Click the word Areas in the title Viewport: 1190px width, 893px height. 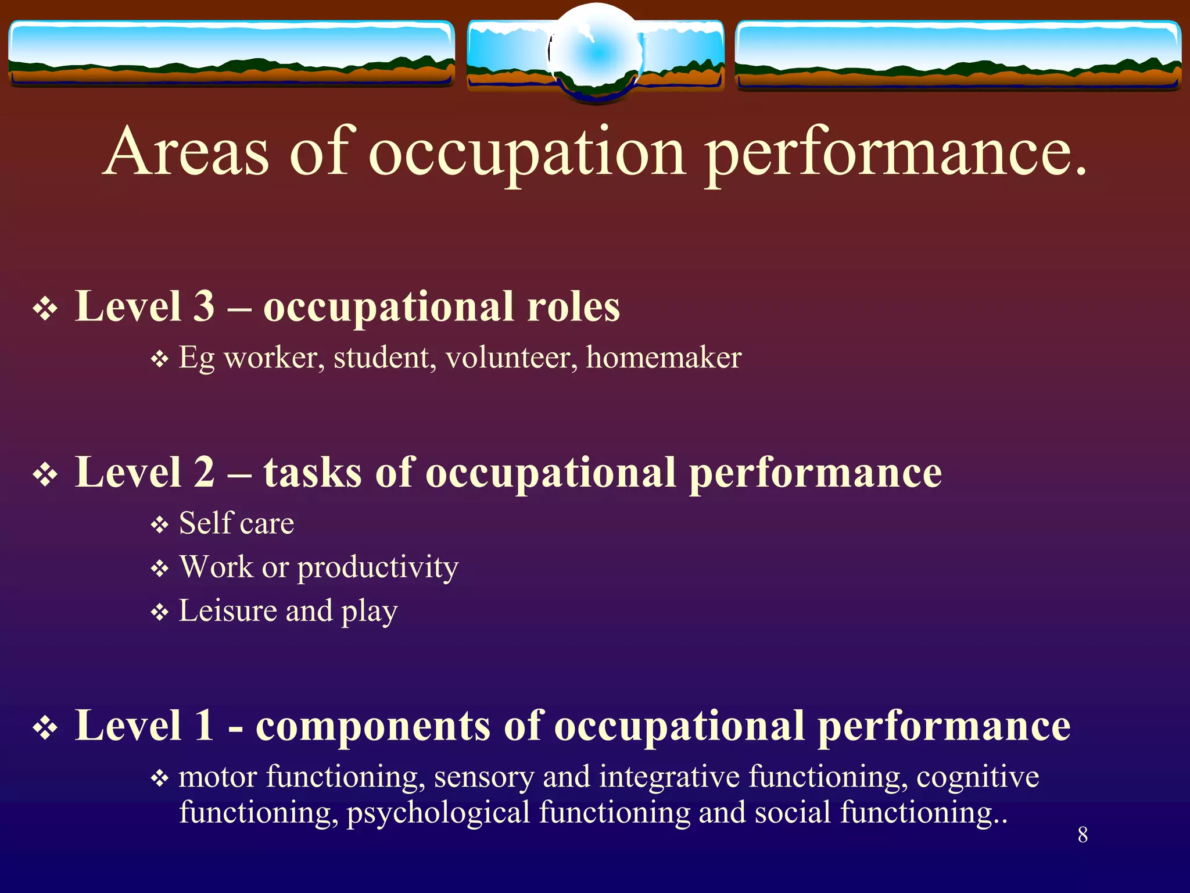(187, 152)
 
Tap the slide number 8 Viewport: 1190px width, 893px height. (1083, 835)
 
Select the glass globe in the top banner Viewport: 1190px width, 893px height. (597, 53)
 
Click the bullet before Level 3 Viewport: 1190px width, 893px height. (45, 309)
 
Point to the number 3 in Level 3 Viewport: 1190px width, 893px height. (203, 306)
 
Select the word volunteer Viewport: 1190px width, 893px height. (511, 357)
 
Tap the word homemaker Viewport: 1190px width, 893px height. (664, 357)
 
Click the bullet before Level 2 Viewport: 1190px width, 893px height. (45, 475)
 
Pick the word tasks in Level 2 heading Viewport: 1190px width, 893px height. (313, 472)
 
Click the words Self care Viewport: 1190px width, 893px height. (236, 523)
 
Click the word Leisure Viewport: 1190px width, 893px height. (227, 611)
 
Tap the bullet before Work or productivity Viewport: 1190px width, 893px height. (159, 569)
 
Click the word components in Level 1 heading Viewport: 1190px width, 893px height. (373, 726)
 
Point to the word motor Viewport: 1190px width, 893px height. (218, 777)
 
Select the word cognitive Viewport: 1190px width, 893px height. (977, 777)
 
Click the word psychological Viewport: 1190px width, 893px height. (438, 813)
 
